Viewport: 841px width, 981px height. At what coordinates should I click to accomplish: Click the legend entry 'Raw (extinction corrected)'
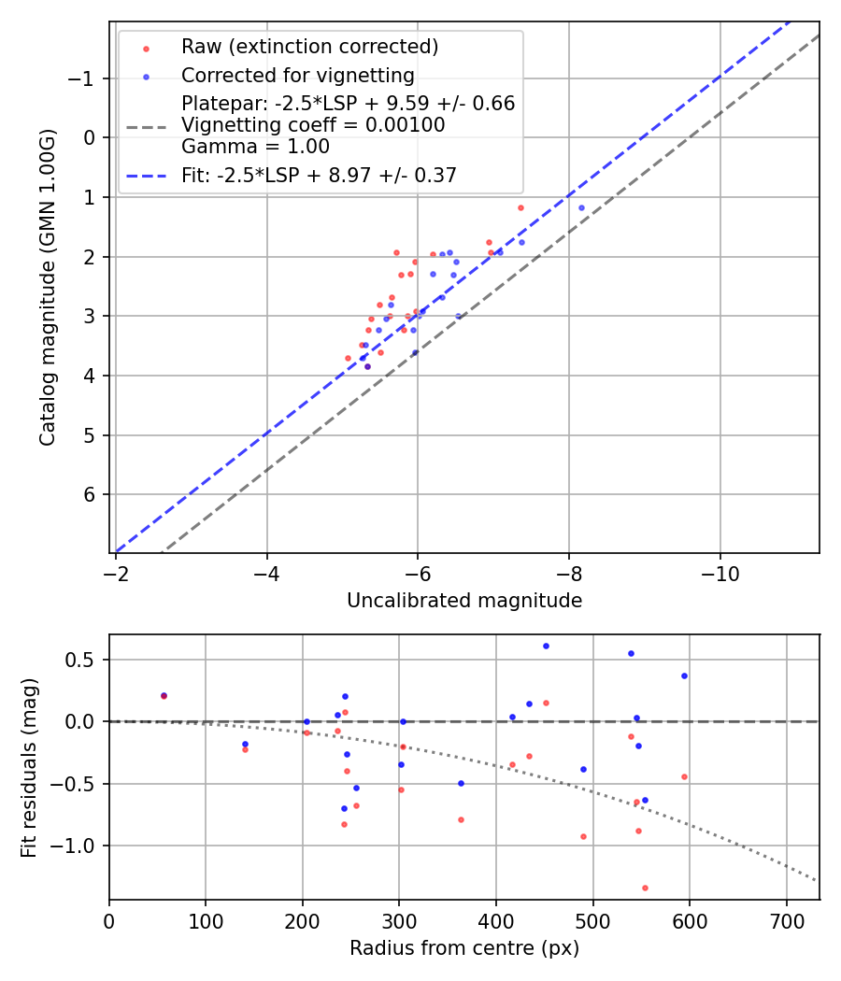pos(309,47)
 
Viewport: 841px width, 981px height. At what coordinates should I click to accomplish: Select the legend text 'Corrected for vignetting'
pos(297,75)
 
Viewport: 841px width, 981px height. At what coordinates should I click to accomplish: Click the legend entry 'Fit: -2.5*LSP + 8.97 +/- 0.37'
pos(319,175)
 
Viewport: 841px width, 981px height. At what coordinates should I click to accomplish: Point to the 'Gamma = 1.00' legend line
pos(255,147)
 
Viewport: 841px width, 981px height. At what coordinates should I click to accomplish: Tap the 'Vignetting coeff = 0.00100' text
pos(313,125)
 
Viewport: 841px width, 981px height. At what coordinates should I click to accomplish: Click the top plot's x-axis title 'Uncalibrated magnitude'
pos(464,601)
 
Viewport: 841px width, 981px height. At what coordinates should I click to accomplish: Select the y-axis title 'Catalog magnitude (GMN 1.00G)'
pos(48,288)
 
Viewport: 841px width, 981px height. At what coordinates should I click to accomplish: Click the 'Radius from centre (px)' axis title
pos(464,948)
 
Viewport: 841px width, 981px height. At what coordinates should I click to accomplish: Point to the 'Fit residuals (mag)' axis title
pos(29,767)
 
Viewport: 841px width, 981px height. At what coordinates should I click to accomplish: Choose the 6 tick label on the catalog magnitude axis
pos(90,494)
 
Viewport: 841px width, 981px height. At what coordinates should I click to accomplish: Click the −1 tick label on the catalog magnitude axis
pos(82,78)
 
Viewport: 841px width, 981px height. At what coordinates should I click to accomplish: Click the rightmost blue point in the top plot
pos(581,207)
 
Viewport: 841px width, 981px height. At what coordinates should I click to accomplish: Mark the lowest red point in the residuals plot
pos(645,888)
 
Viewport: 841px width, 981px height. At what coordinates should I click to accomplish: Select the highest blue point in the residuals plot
pos(546,646)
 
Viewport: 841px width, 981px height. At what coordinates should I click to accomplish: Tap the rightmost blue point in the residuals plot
pos(684,675)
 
